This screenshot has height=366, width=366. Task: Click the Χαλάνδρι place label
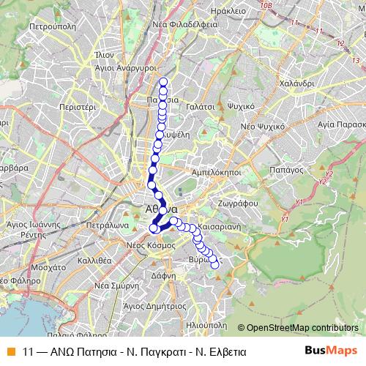[x=296, y=83]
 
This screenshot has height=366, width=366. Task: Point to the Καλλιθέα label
[x=94, y=259]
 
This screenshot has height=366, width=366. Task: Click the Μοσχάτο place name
[x=51, y=268]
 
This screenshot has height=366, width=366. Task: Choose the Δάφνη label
[x=163, y=276]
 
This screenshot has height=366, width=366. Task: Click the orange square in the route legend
[x=9, y=351]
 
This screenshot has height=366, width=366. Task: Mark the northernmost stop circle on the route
[x=163, y=81]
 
